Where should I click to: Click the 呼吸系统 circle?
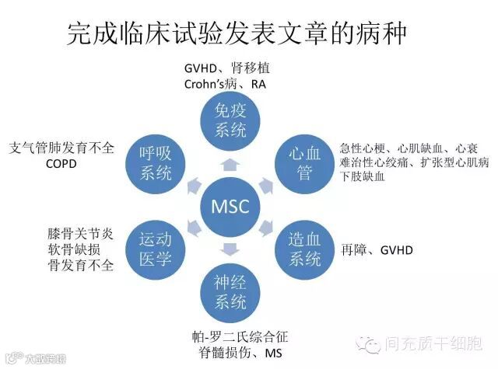(156, 162)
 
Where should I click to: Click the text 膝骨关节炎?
(80, 233)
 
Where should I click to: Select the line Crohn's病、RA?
(225, 83)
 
